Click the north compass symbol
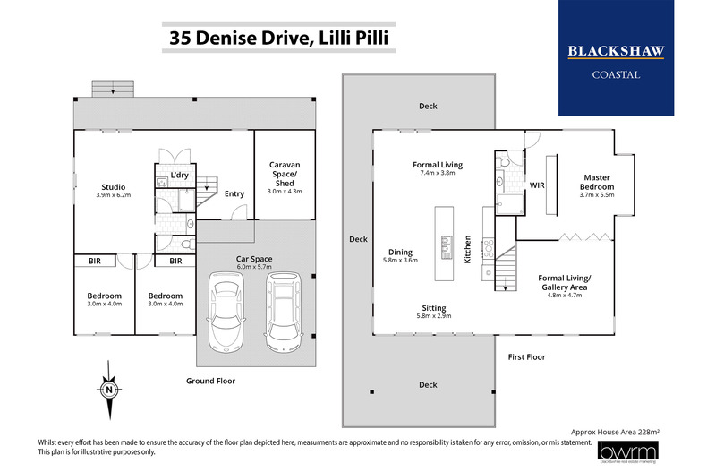click(107, 390)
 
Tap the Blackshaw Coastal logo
click(616, 59)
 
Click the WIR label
click(538, 185)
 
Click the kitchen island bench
click(442, 235)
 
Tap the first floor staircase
click(507, 268)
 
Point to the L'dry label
click(179, 175)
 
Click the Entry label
click(234, 193)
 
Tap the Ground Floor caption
click(211, 380)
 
